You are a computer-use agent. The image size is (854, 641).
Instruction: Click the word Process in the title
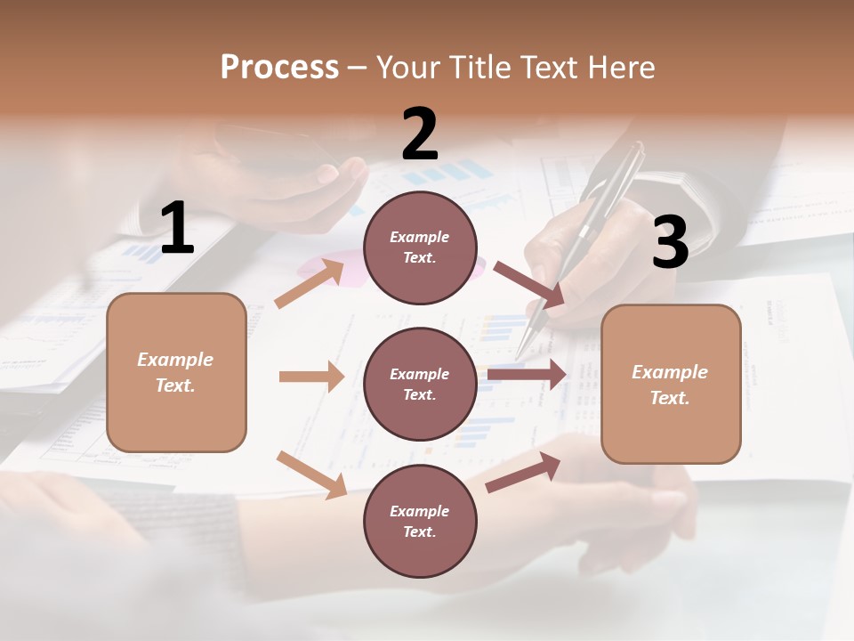coord(279,68)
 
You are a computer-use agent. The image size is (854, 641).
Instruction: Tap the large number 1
coord(177,229)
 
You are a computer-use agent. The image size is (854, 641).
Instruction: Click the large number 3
coord(670,242)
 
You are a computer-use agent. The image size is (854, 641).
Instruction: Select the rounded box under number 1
coord(176,372)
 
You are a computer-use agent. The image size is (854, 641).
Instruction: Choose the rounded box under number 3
coord(671,384)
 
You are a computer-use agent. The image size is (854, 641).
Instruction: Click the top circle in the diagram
coord(420,247)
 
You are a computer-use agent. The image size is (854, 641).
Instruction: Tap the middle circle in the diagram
coord(420,384)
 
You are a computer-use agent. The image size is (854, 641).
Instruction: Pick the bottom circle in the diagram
coord(420,521)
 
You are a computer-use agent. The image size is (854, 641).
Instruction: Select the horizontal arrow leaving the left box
coord(311,377)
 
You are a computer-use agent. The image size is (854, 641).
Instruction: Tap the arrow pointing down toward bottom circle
coord(311,475)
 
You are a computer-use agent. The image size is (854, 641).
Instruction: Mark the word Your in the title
coord(408,68)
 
